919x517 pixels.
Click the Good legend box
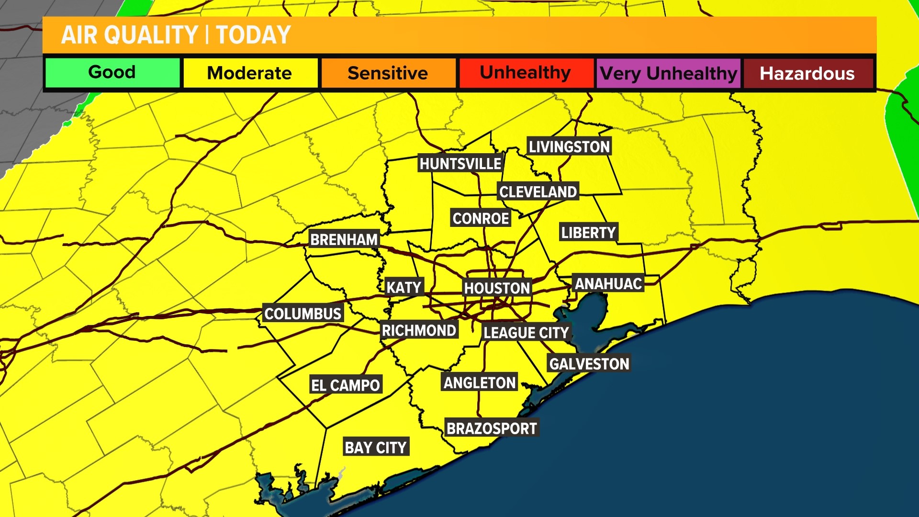[112, 73]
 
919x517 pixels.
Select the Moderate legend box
[250, 73]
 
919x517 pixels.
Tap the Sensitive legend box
[388, 73]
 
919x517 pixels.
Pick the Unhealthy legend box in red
[526, 73]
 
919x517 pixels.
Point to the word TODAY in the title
[253, 35]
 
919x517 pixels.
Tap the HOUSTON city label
[497, 288]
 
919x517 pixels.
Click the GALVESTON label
[589, 364]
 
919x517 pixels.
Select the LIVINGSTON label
[569, 146]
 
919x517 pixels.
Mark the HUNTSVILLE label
[460, 164]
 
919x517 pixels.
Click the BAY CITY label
[376, 447]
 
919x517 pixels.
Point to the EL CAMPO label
[345, 385]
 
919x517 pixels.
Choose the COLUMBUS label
[303, 314]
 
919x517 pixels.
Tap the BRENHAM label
[344, 239]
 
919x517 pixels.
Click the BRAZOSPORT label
[492, 428]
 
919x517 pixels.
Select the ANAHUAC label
[608, 284]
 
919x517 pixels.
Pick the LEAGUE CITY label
[526, 333]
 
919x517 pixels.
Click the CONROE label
[481, 218]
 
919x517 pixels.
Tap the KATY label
[404, 287]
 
